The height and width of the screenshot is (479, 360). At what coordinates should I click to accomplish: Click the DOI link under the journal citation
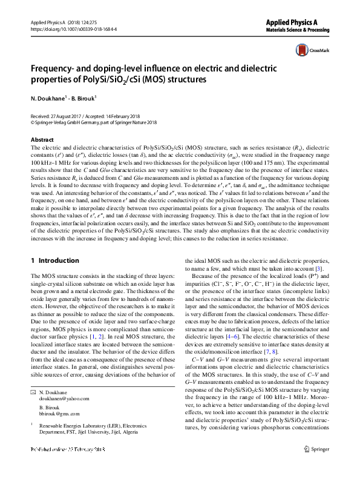pos(73,29)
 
